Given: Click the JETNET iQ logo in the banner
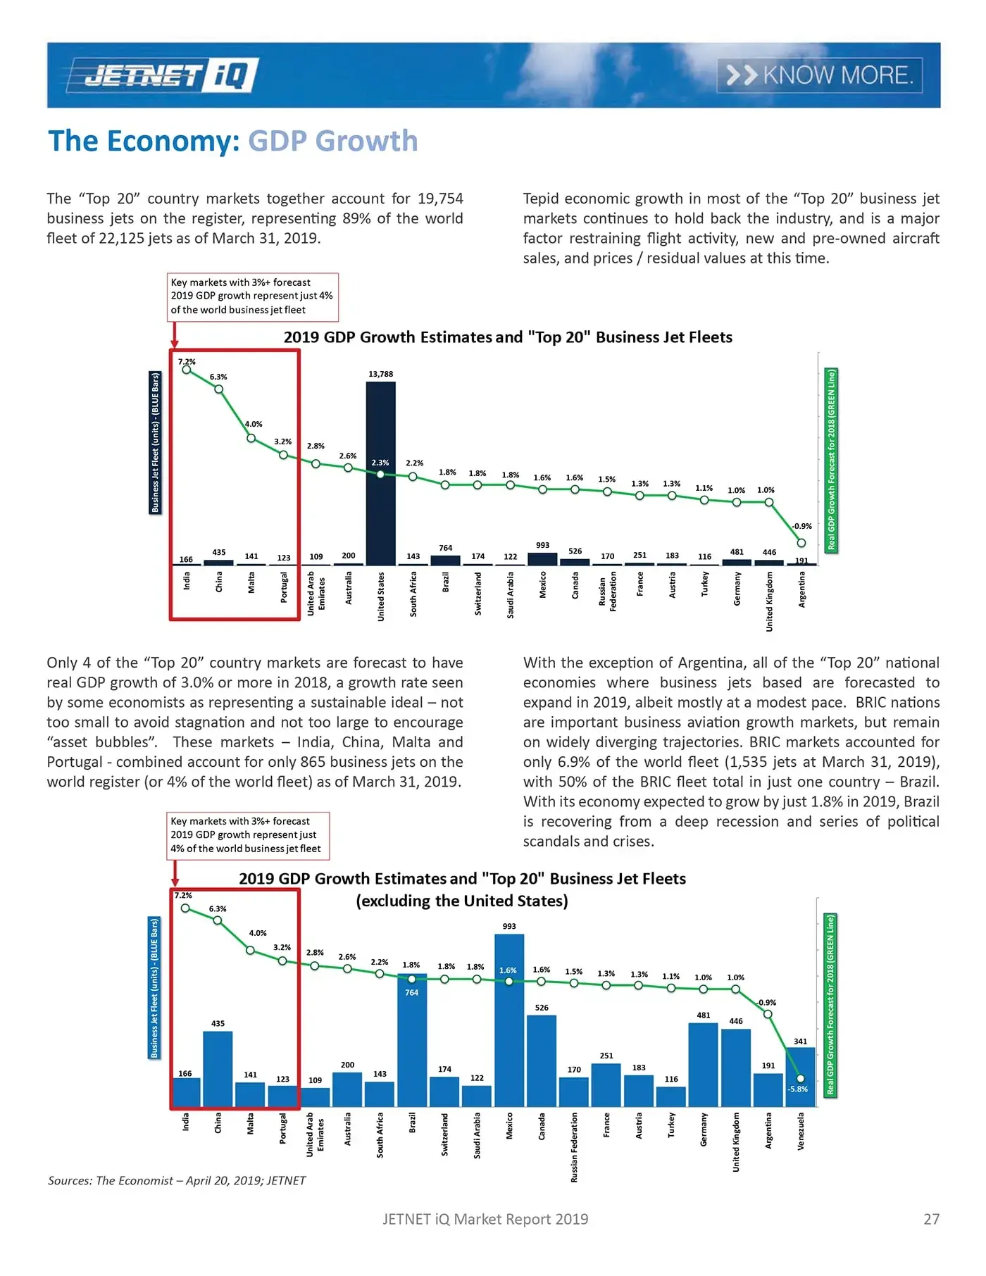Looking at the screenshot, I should click(x=163, y=75).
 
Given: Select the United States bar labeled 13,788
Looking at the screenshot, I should click(x=380, y=472).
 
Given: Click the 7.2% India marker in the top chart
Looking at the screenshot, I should click(x=187, y=370).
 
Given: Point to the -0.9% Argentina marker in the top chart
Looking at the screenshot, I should click(x=801, y=543).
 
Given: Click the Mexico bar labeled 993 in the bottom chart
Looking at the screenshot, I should click(x=509, y=1021).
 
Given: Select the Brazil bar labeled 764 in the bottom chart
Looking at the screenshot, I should click(x=412, y=1042).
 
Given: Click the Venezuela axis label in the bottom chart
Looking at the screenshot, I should click(x=801, y=1131).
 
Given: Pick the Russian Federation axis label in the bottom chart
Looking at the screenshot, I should click(x=574, y=1147).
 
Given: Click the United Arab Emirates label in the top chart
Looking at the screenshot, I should click(x=316, y=593).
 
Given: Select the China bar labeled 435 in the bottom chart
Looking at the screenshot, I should click(x=218, y=1069).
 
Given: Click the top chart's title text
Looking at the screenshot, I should click(x=508, y=337).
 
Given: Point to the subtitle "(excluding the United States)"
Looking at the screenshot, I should click(x=462, y=901).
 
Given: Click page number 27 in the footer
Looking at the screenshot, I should click(x=931, y=1219).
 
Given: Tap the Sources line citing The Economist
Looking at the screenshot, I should click(x=177, y=1181).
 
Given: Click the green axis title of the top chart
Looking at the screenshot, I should click(x=831, y=460).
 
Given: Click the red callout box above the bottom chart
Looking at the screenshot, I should click(x=248, y=835).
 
